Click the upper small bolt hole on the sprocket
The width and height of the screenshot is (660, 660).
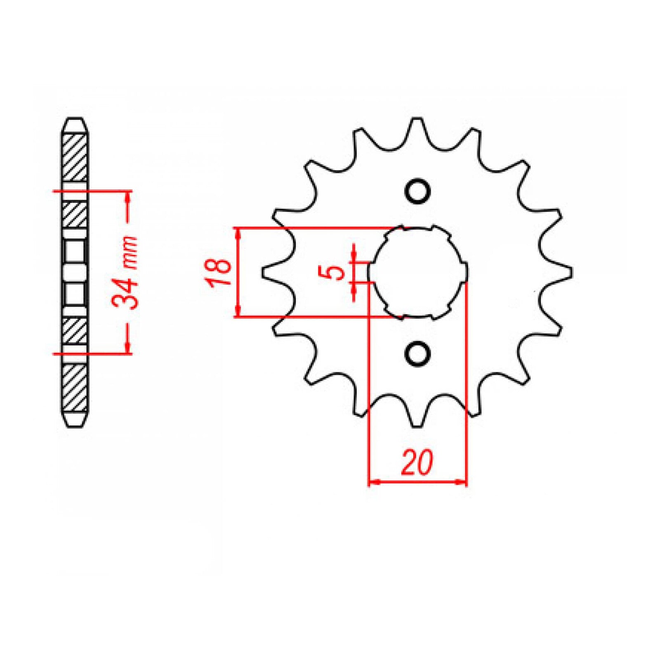pyautogui.click(x=417, y=191)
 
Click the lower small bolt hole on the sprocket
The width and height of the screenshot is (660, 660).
pyautogui.click(x=417, y=354)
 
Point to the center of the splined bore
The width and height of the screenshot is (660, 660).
pyautogui.click(x=417, y=272)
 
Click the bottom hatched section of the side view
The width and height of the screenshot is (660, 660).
pyautogui.click(x=75, y=388)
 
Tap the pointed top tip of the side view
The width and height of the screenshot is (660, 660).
pyautogui.click(x=75, y=120)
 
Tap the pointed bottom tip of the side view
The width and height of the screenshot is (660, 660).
pyautogui.click(x=75, y=425)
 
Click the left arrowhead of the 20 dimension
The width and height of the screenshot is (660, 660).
pyautogui.click(x=372, y=481)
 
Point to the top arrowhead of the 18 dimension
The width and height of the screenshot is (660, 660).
pyautogui.click(x=238, y=233)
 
